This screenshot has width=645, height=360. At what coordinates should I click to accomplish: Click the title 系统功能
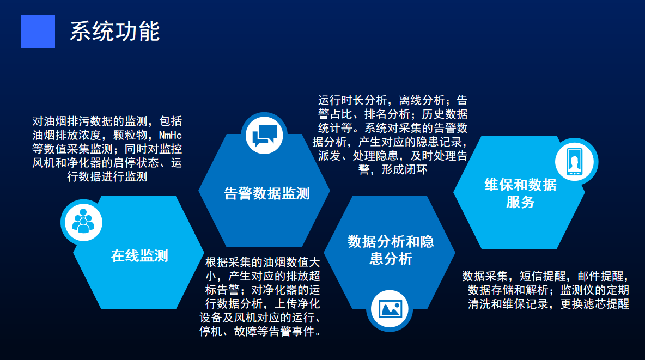pyautogui.click(x=115, y=31)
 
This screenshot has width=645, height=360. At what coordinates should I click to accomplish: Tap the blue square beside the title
pyautogui.click(x=38, y=31)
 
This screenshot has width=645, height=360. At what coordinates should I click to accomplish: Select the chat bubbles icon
pyautogui.click(x=264, y=135)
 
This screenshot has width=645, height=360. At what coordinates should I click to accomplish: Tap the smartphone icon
pyautogui.click(x=574, y=162)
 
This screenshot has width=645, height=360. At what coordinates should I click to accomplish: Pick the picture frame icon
pyautogui.click(x=390, y=309)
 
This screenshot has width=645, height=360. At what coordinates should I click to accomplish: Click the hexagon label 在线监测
pyautogui.click(x=139, y=255)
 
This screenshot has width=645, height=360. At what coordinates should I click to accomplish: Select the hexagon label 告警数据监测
pyautogui.click(x=266, y=193)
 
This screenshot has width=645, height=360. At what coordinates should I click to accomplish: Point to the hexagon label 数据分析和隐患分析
pyautogui.click(x=391, y=250)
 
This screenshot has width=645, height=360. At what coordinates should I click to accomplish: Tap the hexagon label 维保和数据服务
pyautogui.click(x=520, y=193)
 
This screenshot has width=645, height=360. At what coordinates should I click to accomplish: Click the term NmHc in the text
pyautogui.click(x=171, y=136)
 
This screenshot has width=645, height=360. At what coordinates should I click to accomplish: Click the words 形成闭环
pyautogui.click(x=404, y=169)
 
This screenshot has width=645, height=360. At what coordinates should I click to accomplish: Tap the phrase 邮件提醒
pyautogui.click(x=600, y=276)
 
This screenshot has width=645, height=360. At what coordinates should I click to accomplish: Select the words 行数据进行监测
pyautogui.click(x=107, y=177)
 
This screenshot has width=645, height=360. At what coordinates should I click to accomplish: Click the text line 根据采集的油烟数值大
pyautogui.click(x=263, y=262)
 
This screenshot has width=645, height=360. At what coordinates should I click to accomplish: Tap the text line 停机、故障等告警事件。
pyautogui.click(x=261, y=332)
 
